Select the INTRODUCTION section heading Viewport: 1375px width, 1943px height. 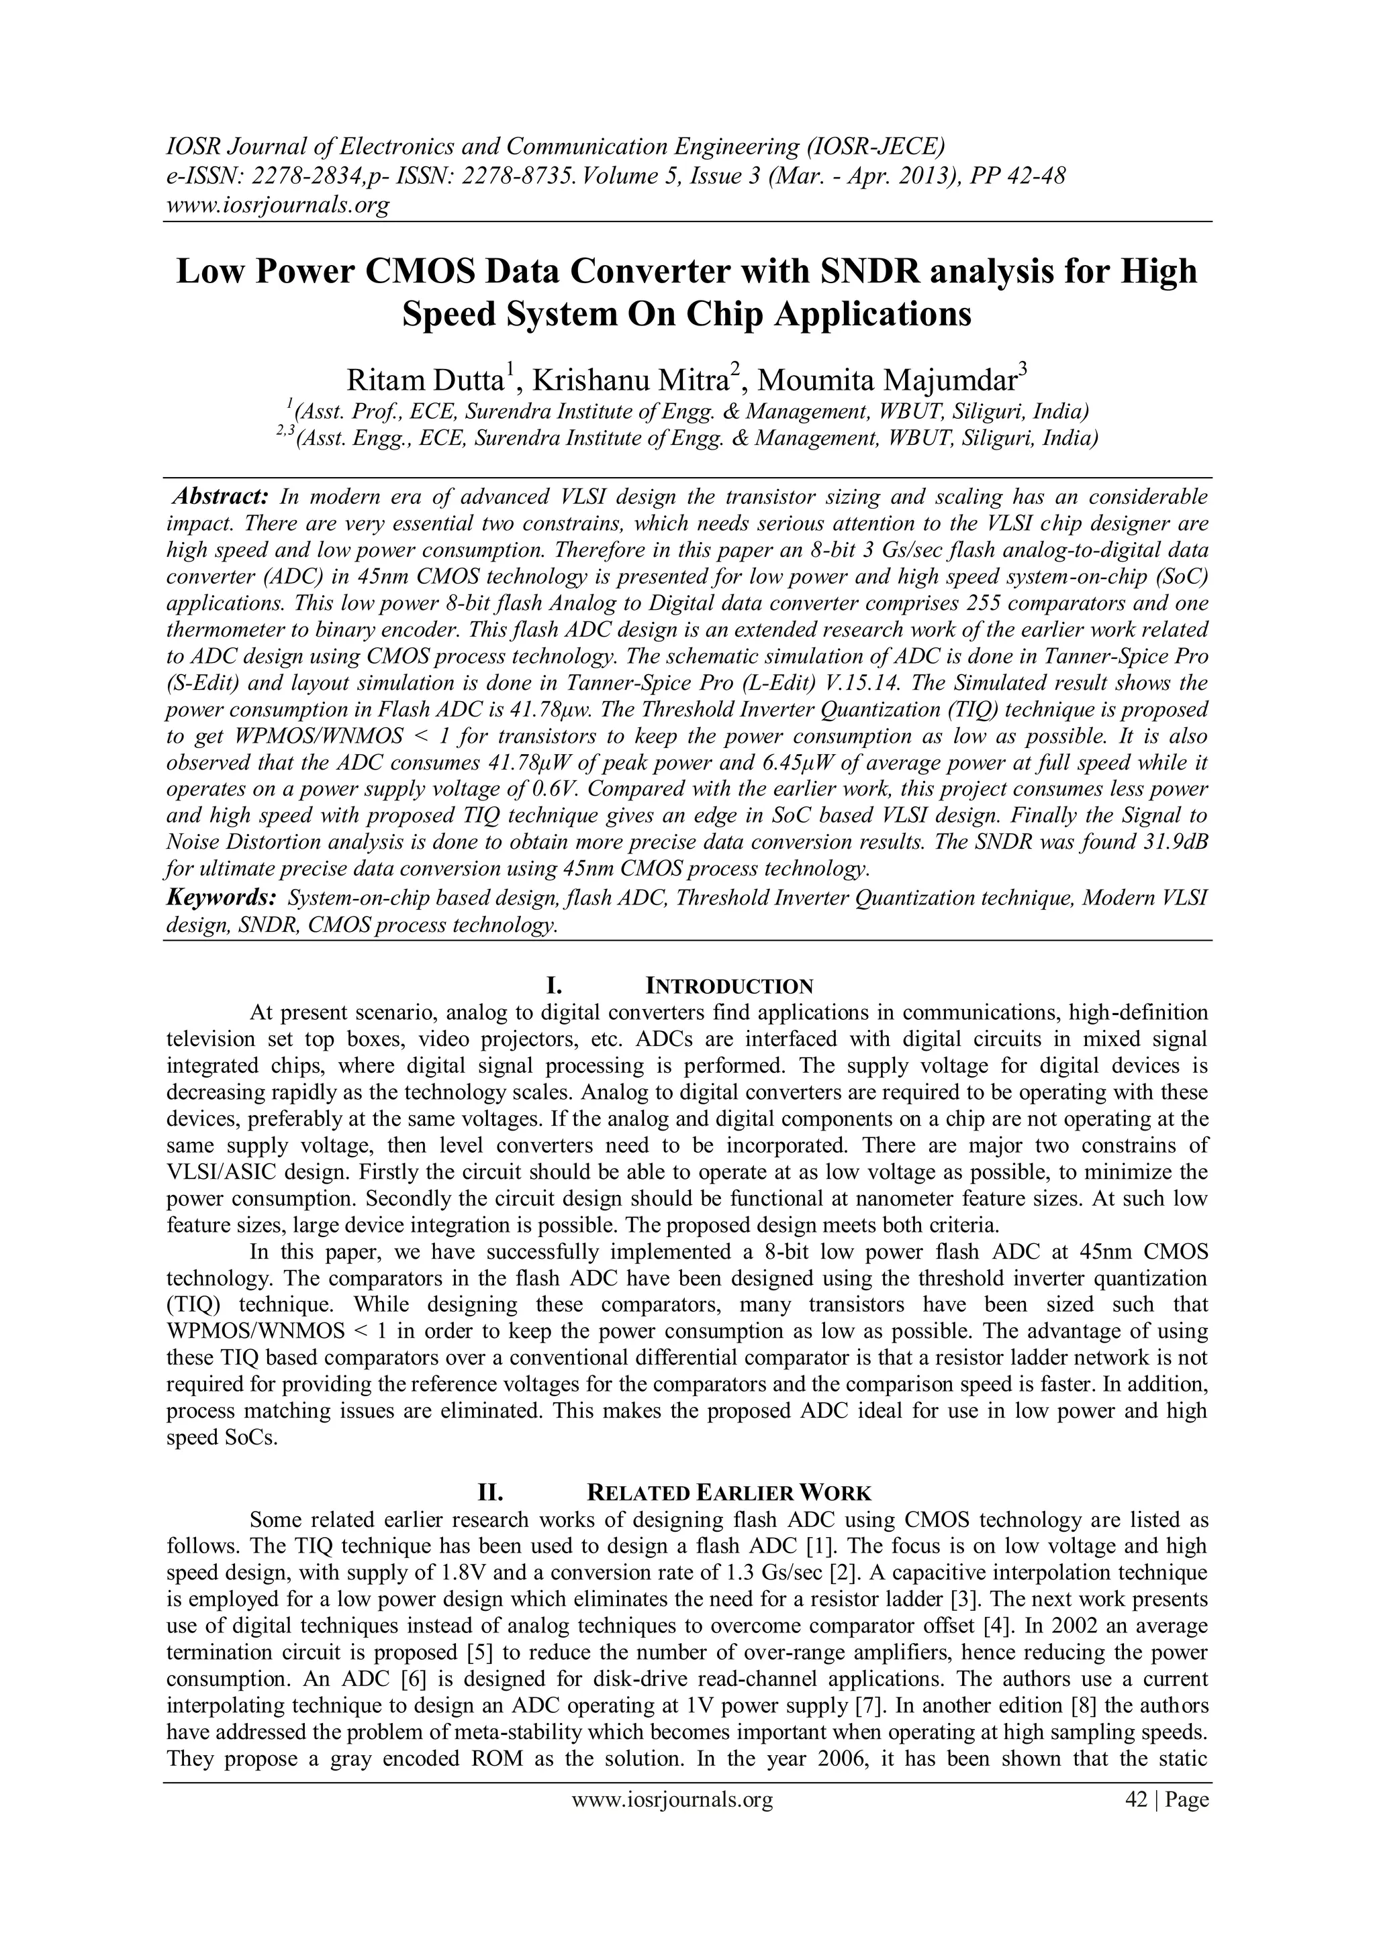[729, 986]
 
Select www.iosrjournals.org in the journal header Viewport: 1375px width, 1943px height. [277, 205]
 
